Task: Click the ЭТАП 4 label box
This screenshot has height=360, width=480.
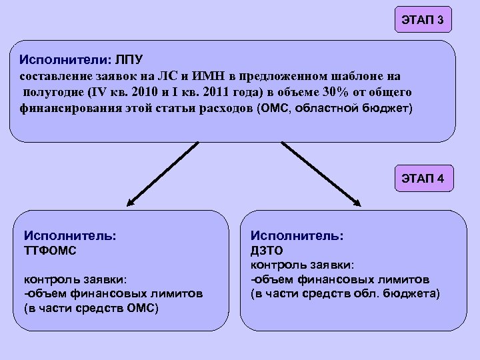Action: (x=423, y=179)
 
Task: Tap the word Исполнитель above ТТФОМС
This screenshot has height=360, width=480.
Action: (x=70, y=236)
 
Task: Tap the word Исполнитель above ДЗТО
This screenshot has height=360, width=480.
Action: (x=297, y=236)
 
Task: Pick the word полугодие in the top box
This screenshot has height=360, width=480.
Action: (x=52, y=91)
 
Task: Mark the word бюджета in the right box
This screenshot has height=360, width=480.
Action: (x=411, y=294)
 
